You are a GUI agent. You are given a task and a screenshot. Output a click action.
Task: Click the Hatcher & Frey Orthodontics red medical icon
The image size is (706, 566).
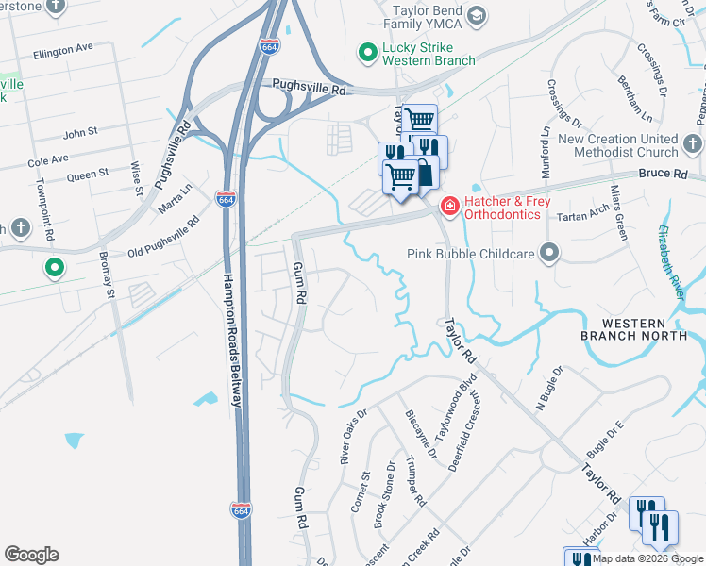(450, 205)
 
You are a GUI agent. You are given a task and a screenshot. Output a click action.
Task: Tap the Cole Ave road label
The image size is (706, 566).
(48, 161)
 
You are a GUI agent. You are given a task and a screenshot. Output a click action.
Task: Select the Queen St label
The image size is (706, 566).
(87, 175)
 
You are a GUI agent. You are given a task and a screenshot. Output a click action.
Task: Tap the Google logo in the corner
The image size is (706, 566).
(31, 555)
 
